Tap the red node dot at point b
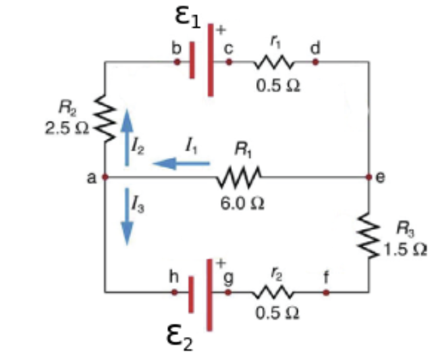[x=176, y=62]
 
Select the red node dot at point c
[x=229, y=62]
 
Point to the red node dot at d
[x=315, y=62]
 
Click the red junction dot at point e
[x=370, y=178]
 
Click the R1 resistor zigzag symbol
[x=240, y=177]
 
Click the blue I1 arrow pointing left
[x=182, y=163]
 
